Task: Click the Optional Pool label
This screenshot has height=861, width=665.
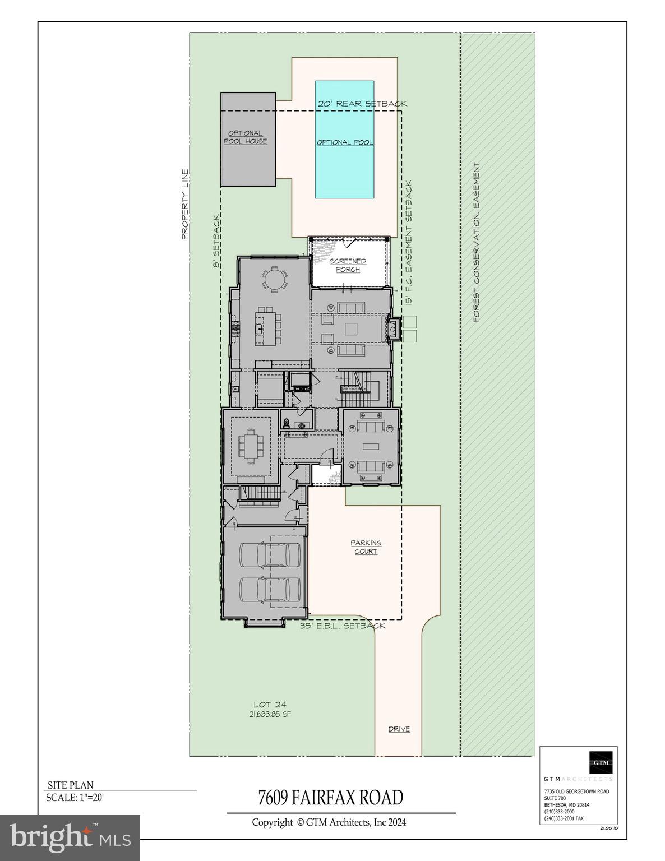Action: [x=345, y=142]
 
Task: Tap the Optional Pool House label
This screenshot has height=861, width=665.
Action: [x=246, y=137]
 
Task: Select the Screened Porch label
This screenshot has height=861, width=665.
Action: [x=348, y=265]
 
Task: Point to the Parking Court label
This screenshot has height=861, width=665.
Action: [x=366, y=547]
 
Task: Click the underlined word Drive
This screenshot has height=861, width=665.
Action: [x=399, y=729]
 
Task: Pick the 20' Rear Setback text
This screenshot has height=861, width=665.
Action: [x=362, y=104]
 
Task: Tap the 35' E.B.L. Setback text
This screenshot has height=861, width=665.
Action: [x=343, y=626]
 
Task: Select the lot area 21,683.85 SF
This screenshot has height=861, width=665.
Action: [x=270, y=714]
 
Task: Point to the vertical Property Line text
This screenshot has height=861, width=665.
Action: [x=184, y=205]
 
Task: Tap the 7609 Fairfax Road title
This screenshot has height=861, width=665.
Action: [x=330, y=797]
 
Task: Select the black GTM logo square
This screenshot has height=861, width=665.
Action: [x=601, y=762]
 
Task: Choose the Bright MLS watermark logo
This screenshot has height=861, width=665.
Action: [x=70, y=837]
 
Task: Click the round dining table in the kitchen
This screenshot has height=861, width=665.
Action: [x=275, y=279]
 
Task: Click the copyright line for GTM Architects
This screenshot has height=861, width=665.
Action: [x=329, y=822]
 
